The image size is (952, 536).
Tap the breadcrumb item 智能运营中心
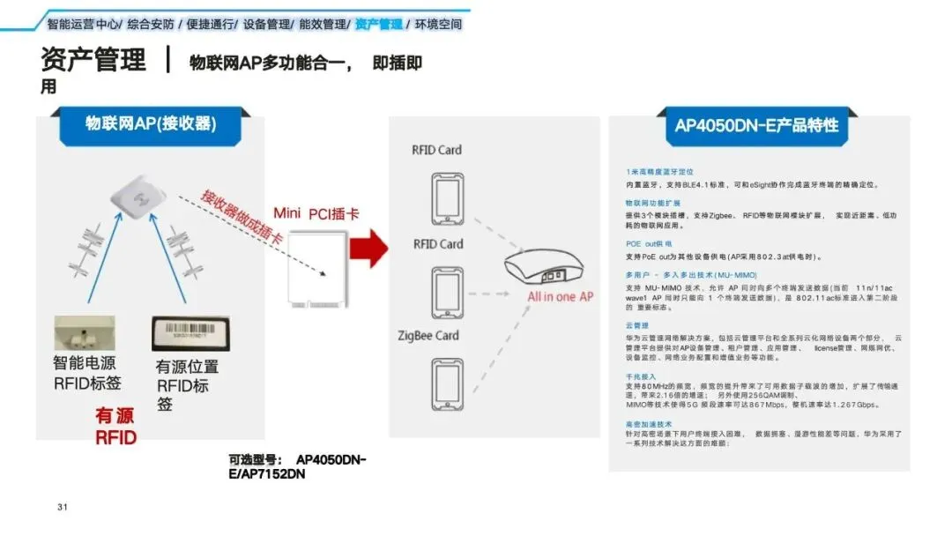click(x=84, y=24)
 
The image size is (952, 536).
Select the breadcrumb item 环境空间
click(x=438, y=24)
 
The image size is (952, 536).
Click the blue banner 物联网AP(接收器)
click(x=150, y=123)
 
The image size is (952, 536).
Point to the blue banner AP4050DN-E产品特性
click(x=756, y=125)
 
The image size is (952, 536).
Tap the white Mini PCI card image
click(x=320, y=267)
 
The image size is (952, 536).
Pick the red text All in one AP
click(x=560, y=297)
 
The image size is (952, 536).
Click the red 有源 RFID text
click(x=116, y=426)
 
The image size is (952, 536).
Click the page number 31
click(x=62, y=507)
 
